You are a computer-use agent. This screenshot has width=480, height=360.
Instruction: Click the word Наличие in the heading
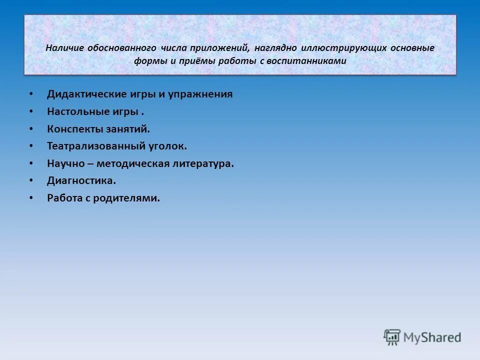(64, 48)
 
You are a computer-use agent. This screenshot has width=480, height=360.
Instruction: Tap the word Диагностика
(81, 180)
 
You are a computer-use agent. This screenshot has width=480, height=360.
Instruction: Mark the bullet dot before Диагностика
(31, 180)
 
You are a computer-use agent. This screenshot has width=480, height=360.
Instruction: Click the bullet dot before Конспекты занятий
(31, 129)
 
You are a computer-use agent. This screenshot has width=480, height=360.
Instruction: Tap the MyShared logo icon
(392, 337)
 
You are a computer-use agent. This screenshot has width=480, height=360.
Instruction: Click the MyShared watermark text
(432, 338)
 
